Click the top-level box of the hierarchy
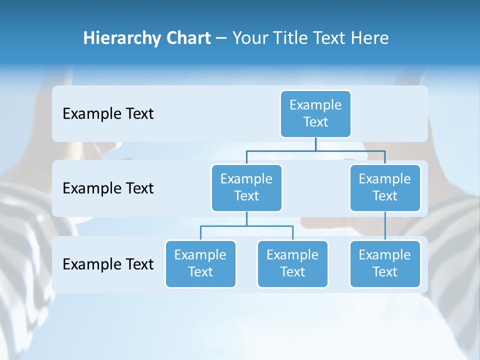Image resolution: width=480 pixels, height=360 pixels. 315,114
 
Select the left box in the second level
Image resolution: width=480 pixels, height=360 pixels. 246,188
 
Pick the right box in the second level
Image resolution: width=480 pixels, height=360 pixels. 385,188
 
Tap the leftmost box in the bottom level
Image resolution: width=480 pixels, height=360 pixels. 200,264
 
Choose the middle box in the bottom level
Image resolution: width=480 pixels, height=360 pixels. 292,264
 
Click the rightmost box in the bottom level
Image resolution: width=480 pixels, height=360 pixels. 385,264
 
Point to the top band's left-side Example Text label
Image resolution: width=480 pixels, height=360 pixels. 108,114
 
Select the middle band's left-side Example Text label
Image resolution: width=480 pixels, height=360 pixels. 108,188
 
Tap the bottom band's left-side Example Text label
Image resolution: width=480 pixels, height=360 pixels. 108,264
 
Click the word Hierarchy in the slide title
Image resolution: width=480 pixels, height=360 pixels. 122,38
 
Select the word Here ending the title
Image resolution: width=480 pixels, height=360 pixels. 370,38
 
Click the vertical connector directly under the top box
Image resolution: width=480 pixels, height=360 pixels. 315,144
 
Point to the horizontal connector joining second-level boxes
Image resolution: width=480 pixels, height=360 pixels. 315,149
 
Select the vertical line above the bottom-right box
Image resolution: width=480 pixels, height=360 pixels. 385,226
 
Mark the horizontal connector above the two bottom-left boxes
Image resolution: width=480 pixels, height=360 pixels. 246,225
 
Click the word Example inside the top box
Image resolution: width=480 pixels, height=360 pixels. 315,105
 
